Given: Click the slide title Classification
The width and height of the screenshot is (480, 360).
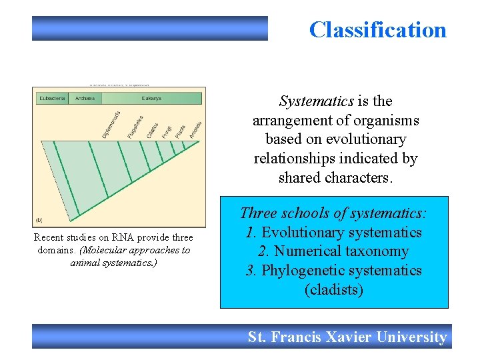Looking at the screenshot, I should click(377, 30).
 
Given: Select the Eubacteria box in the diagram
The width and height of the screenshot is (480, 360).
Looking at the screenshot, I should click(52, 98).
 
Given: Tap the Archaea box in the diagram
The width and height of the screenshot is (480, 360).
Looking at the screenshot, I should click(85, 98).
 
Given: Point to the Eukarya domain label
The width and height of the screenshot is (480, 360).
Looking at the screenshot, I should click(151, 98).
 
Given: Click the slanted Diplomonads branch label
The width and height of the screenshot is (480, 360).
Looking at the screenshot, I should click(111, 125).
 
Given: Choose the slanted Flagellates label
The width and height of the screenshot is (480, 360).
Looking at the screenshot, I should click(135, 127).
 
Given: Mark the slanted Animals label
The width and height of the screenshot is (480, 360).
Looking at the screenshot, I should click(195, 129).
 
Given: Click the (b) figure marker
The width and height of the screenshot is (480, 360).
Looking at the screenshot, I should click(40, 219).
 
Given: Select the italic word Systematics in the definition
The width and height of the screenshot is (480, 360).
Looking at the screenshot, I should click(317, 101).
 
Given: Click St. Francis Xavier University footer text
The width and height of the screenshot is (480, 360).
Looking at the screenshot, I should click(347, 337).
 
